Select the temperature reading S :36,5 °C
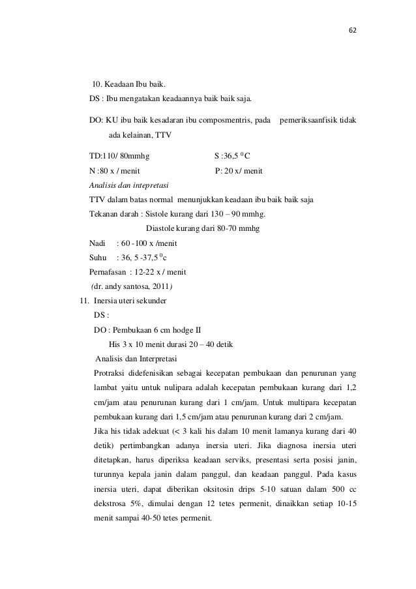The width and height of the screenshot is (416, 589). [233, 157]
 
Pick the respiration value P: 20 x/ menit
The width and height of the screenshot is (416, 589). [239, 172]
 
